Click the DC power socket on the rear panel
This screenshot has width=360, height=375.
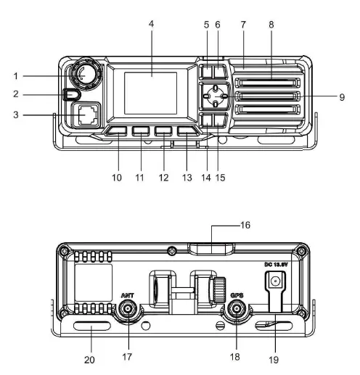(x=275, y=280)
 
